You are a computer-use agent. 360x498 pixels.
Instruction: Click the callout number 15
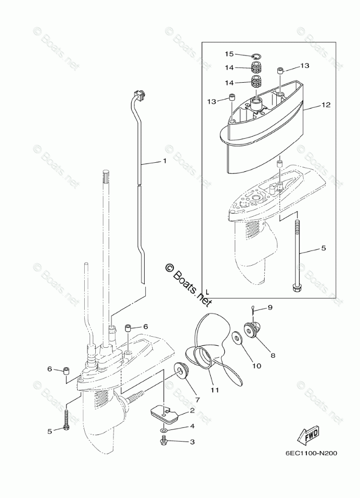click(229, 54)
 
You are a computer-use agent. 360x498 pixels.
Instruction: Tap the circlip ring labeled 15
click(256, 56)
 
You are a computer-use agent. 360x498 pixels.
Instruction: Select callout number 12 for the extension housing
click(326, 105)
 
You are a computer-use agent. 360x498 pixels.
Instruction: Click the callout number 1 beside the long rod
click(164, 161)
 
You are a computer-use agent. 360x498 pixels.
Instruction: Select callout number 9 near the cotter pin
click(270, 307)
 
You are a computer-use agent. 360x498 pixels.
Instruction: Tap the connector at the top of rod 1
click(139, 94)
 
